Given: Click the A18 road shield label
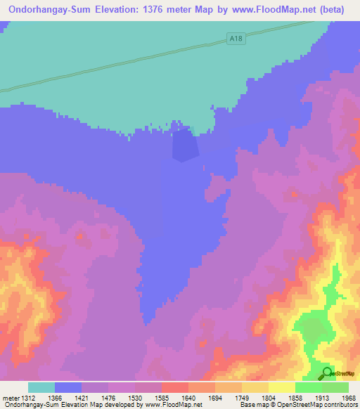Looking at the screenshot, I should (x=236, y=39).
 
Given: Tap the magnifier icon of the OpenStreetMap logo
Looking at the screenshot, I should (x=327, y=373).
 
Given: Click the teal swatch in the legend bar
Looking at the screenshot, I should (x=41, y=387).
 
